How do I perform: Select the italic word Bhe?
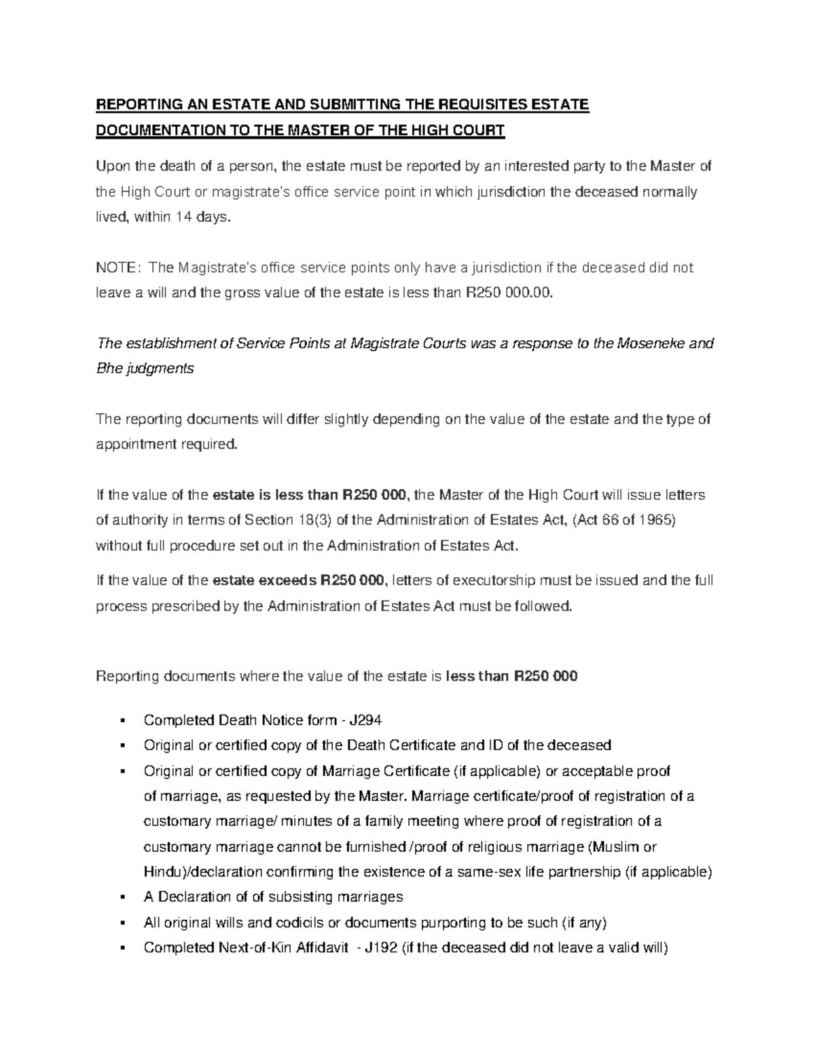tap(109, 369)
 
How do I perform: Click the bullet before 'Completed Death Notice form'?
tap(123, 721)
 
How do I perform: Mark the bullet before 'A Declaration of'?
tap(123, 897)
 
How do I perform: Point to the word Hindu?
tap(162, 872)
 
